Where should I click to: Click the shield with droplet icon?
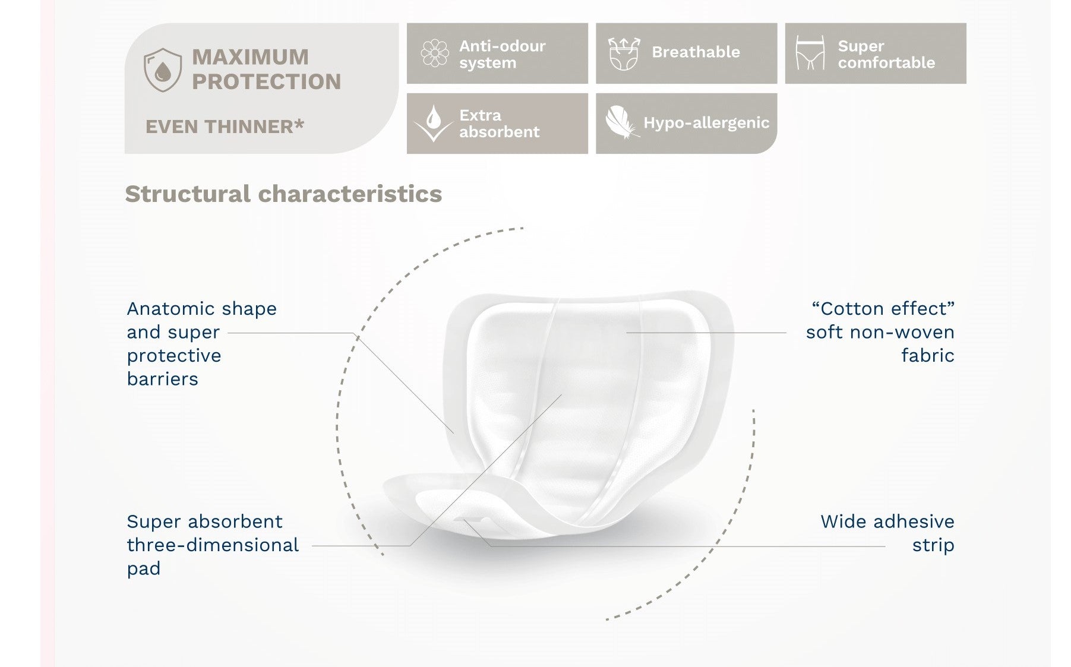coord(163,70)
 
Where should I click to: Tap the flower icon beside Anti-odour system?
coord(435,53)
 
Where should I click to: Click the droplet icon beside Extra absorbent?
coord(434,124)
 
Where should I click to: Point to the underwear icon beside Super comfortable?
coord(810,53)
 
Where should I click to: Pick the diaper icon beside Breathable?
coord(624,53)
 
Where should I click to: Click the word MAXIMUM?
coord(250,57)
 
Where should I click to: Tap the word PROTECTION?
coord(267,82)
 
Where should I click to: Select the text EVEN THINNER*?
coord(225,127)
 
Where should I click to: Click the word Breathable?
coord(696,52)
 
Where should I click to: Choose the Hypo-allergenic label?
coord(706,123)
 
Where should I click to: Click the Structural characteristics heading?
coord(283,194)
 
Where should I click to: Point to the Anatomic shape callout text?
coord(202,344)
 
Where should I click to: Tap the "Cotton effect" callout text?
coord(880,332)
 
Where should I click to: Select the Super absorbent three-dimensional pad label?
coord(213,545)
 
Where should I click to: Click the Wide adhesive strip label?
coord(887,533)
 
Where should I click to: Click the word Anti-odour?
coord(502,46)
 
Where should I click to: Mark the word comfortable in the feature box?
coord(886,62)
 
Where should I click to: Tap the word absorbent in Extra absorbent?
coord(499,132)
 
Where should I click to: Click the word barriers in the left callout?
coord(162,379)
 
